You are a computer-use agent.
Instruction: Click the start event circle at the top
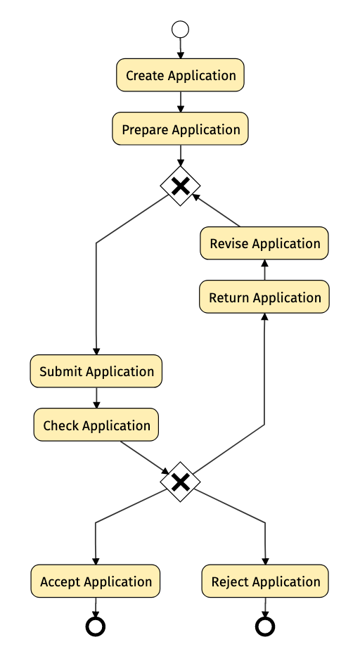pos(181,30)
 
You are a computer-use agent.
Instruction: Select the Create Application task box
pos(181,75)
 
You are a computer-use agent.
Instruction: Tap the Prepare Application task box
pos(181,129)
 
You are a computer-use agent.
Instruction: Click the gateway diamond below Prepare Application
pos(181,186)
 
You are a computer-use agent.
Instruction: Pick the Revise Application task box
pos(264,243)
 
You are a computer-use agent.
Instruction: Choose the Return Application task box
pos(264,297)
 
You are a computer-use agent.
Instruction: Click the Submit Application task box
pos(96,371)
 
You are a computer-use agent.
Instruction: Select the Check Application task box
pos(96,425)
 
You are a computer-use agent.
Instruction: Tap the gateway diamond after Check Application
pos(181,482)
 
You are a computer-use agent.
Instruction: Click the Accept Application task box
pos(96,581)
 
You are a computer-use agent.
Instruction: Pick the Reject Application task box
pos(265,581)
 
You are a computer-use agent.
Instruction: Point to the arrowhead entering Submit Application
pos(96,352)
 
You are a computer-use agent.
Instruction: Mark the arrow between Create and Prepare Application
pos(181,102)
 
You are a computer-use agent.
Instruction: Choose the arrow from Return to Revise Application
pos(264,270)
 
